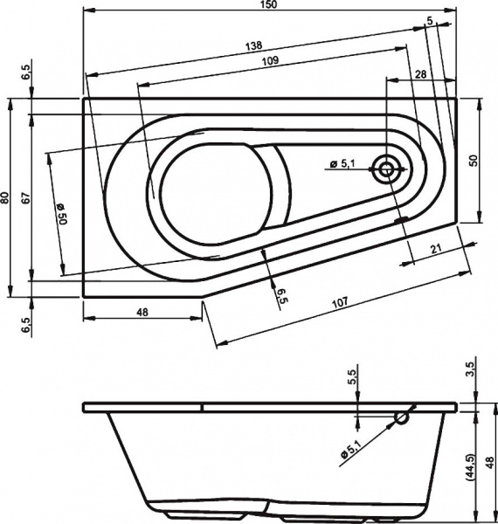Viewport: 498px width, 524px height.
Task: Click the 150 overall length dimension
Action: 268,6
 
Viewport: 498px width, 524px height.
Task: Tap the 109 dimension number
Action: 270,61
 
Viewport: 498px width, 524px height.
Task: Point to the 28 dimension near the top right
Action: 421,77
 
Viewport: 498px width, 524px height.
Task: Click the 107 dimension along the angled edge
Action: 341,302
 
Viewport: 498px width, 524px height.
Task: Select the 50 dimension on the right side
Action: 474,161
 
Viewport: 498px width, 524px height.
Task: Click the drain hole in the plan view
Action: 385,169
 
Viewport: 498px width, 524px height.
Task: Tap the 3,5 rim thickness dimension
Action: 473,367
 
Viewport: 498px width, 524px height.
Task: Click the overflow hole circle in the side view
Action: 401,418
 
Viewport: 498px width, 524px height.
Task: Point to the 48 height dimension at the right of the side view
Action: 490,462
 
